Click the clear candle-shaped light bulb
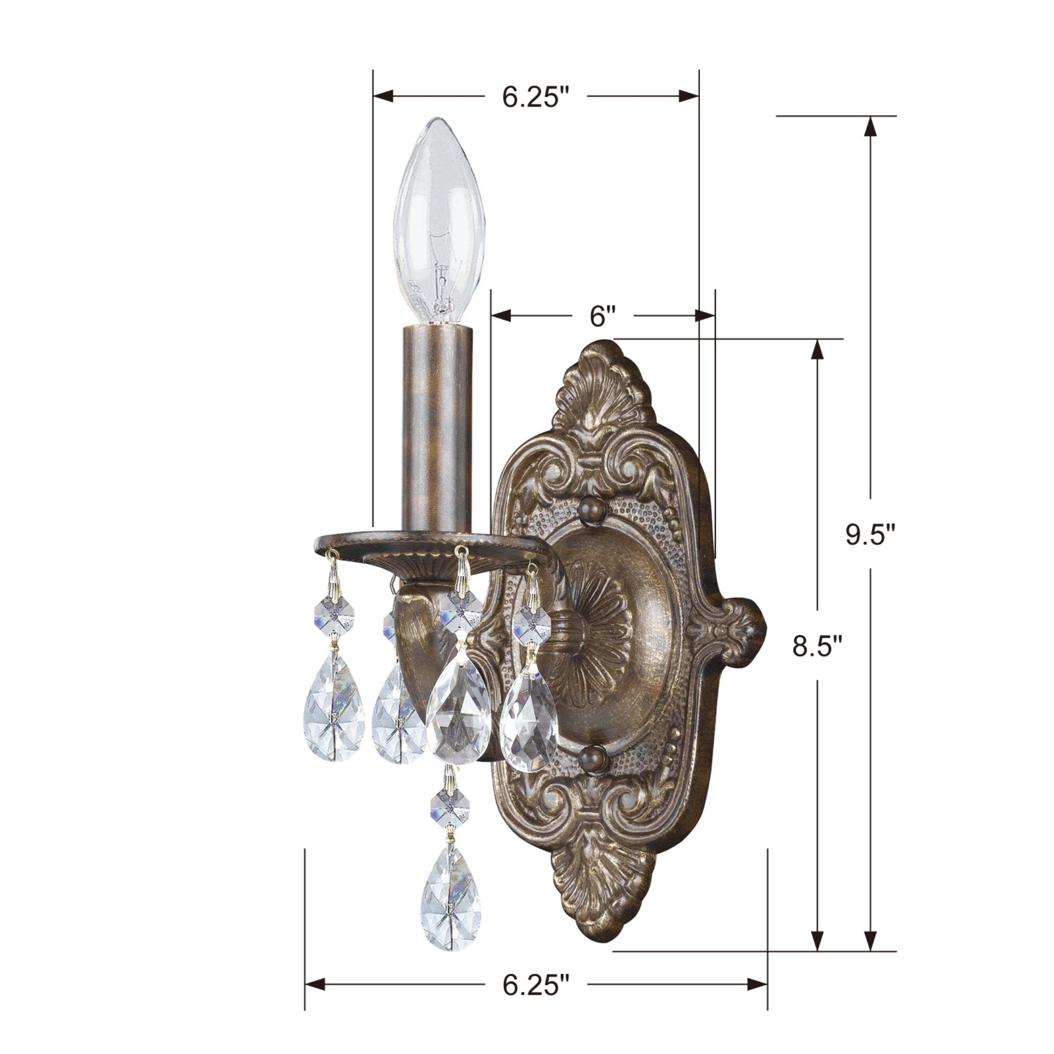click(439, 218)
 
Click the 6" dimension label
click(602, 316)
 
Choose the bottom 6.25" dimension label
click(535, 970)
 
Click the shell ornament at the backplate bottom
click(603, 879)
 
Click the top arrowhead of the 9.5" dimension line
click(871, 127)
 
